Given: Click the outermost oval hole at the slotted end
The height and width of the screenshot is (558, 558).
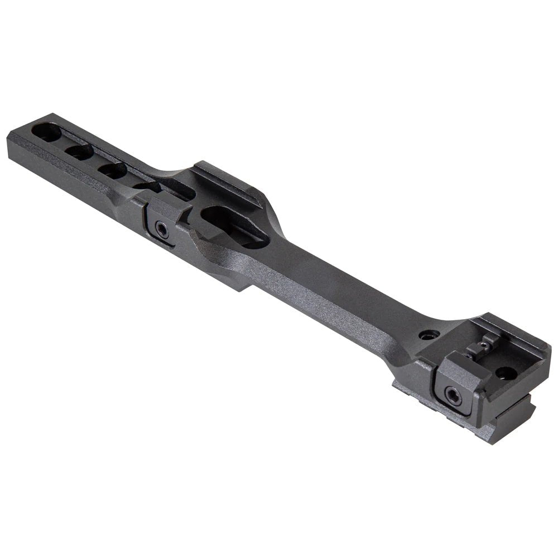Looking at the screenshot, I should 47,133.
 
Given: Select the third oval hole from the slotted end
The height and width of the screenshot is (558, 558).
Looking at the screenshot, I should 113,170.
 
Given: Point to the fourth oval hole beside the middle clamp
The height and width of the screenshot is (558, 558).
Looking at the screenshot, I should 146,187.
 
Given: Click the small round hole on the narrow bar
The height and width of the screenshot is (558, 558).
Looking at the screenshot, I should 429,335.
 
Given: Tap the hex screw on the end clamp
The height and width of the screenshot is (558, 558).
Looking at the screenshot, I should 453,397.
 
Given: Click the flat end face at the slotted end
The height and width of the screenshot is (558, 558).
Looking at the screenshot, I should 17,148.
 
